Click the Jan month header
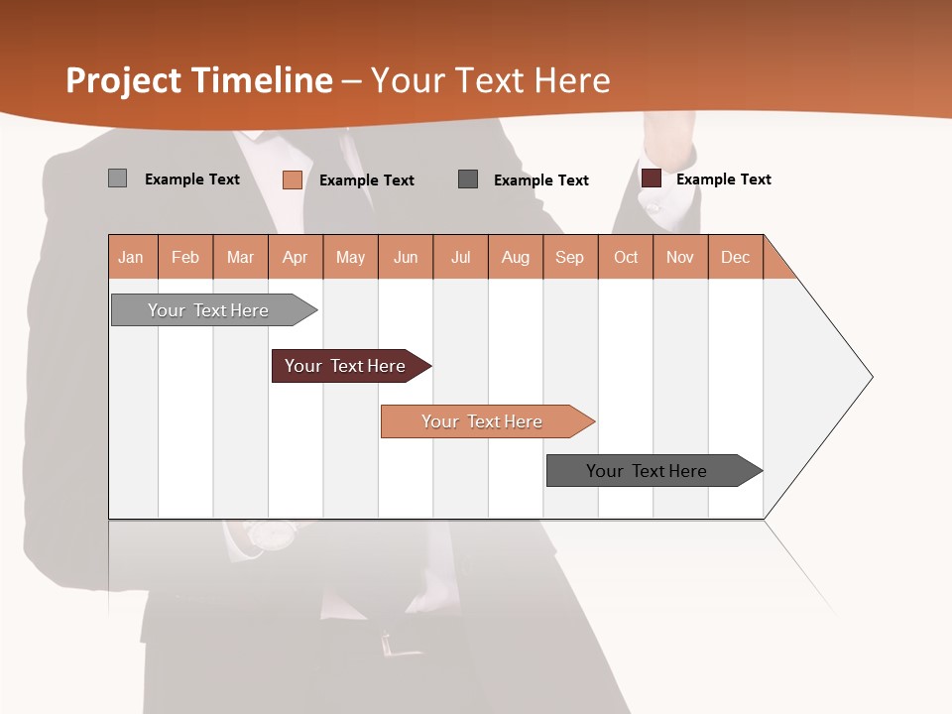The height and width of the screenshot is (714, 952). pos(132,257)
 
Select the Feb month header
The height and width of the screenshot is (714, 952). pos(185,257)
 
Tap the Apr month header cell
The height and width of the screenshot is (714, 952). pos(296,257)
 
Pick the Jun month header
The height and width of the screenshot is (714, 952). pos(406,257)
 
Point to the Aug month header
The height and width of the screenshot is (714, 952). pos(516,257)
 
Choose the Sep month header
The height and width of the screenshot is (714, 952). pos(570,257)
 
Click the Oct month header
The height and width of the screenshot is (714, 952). pos(626,257)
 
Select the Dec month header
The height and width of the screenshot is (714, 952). pos(736,257)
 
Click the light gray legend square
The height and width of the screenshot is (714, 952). pos(117,178)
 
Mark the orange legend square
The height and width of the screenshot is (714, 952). pos(293,179)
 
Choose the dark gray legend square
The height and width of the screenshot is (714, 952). pos(468,178)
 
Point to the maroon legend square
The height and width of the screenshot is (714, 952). pos(652,178)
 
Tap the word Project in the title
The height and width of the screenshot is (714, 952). pos(123,80)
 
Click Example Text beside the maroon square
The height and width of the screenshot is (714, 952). pos(724,179)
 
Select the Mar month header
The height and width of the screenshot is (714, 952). pos(240,257)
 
